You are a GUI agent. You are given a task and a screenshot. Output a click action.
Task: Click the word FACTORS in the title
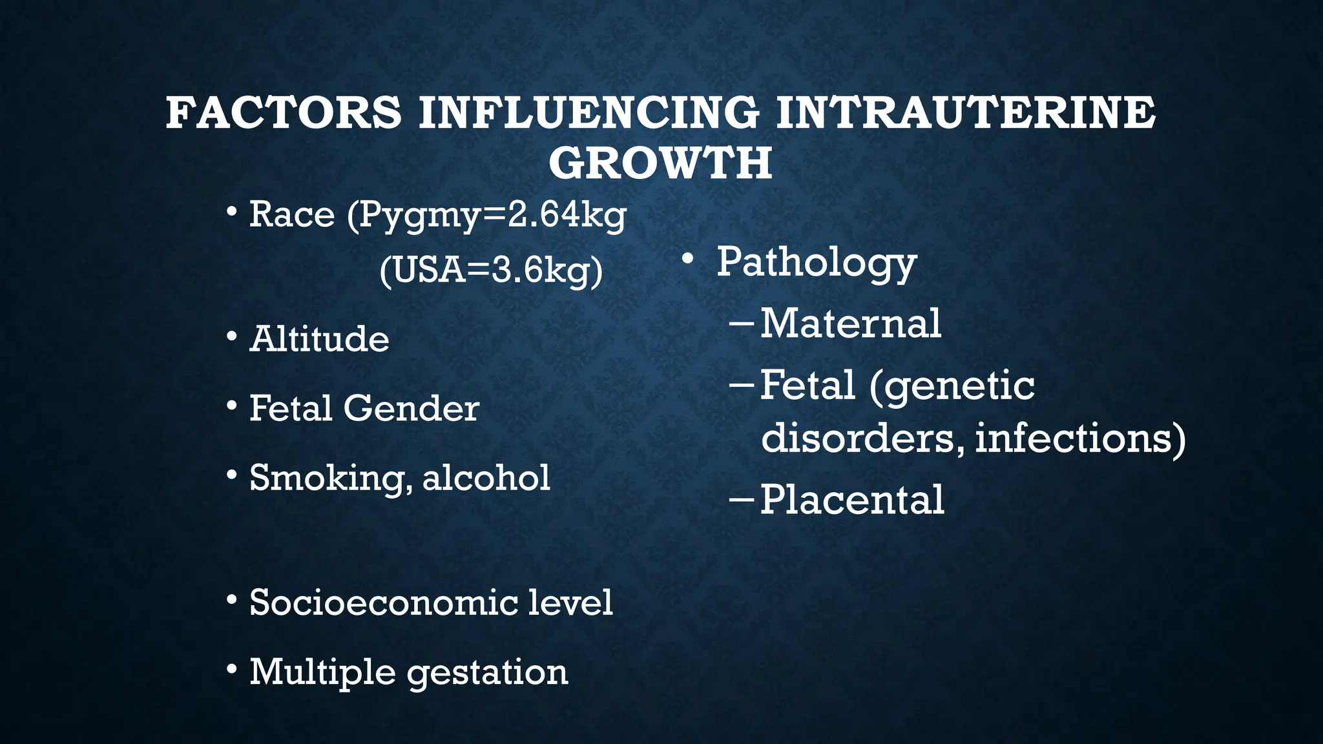[x=284, y=113]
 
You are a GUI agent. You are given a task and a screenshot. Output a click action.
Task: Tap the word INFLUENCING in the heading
[x=589, y=113]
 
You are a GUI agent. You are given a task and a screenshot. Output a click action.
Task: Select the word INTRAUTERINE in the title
[x=965, y=113]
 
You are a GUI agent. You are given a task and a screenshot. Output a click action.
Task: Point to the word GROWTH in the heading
[x=660, y=163]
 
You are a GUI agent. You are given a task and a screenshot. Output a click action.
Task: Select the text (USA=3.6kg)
[x=491, y=271]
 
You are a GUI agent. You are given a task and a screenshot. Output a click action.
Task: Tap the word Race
[x=292, y=214]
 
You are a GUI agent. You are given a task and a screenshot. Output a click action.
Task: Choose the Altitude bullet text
[x=319, y=339]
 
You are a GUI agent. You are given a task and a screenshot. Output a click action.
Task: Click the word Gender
[x=411, y=409]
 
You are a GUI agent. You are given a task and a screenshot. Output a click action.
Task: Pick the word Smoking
[x=331, y=479]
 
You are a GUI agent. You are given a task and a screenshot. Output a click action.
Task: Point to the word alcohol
[x=486, y=478]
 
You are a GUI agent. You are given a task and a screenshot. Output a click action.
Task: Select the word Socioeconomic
[x=384, y=603]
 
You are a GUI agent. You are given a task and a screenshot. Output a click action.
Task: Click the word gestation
[x=488, y=673]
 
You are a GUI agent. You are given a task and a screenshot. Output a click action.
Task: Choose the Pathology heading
[x=817, y=263]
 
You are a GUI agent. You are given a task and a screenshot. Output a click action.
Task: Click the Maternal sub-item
[x=850, y=324]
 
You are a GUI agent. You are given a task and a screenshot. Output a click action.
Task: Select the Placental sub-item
[x=851, y=500]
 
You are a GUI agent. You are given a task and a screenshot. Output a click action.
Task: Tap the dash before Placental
[x=741, y=500]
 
